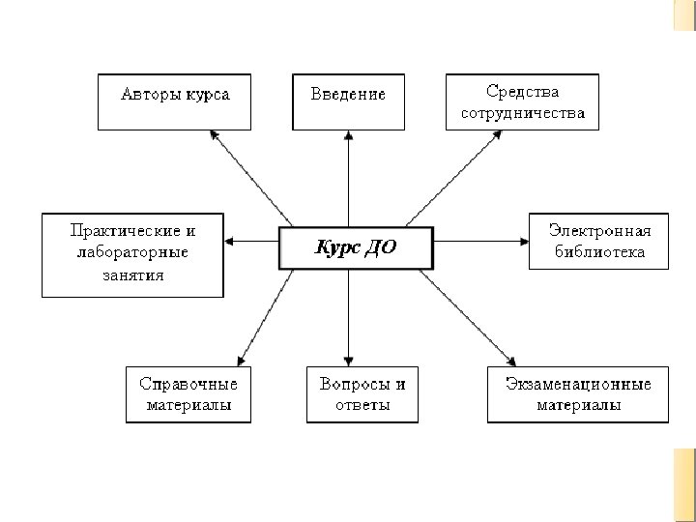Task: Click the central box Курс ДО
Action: [x=356, y=248]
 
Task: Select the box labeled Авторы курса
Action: [x=175, y=101]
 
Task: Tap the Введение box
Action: [x=348, y=101]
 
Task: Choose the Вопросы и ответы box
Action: [x=362, y=393]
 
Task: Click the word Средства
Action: [x=522, y=92]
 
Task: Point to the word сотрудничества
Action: [x=522, y=112]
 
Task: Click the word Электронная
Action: [x=599, y=232]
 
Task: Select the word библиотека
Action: [x=599, y=252]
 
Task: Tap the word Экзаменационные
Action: [x=578, y=384]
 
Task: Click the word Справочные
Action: [x=188, y=384]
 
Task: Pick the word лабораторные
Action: [x=130, y=253]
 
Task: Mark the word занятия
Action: [x=130, y=275]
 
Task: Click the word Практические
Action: [x=132, y=232]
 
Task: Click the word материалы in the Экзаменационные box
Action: [x=578, y=405]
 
